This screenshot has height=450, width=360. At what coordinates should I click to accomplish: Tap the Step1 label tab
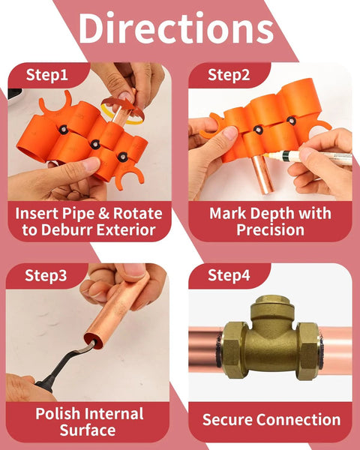click(x=46, y=75)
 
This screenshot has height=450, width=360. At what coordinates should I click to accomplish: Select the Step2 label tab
click(x=228, y=75)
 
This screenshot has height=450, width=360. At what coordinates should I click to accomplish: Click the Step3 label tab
click(x=46, y=275)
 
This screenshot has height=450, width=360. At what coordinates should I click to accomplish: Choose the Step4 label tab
click(x=228, y=275)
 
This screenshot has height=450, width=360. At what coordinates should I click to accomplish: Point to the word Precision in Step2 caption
click(x=270, y=230)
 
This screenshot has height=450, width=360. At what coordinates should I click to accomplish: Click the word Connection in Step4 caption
click(x=298, y=420)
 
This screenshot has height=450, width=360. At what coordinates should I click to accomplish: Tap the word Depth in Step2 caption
click(x=267, y=211)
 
